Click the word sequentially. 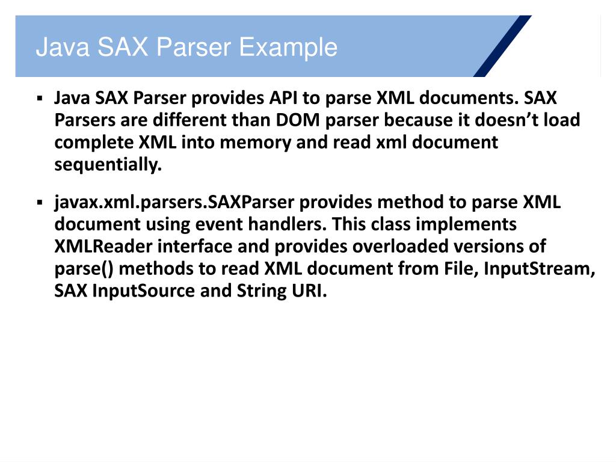pos(108,165)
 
